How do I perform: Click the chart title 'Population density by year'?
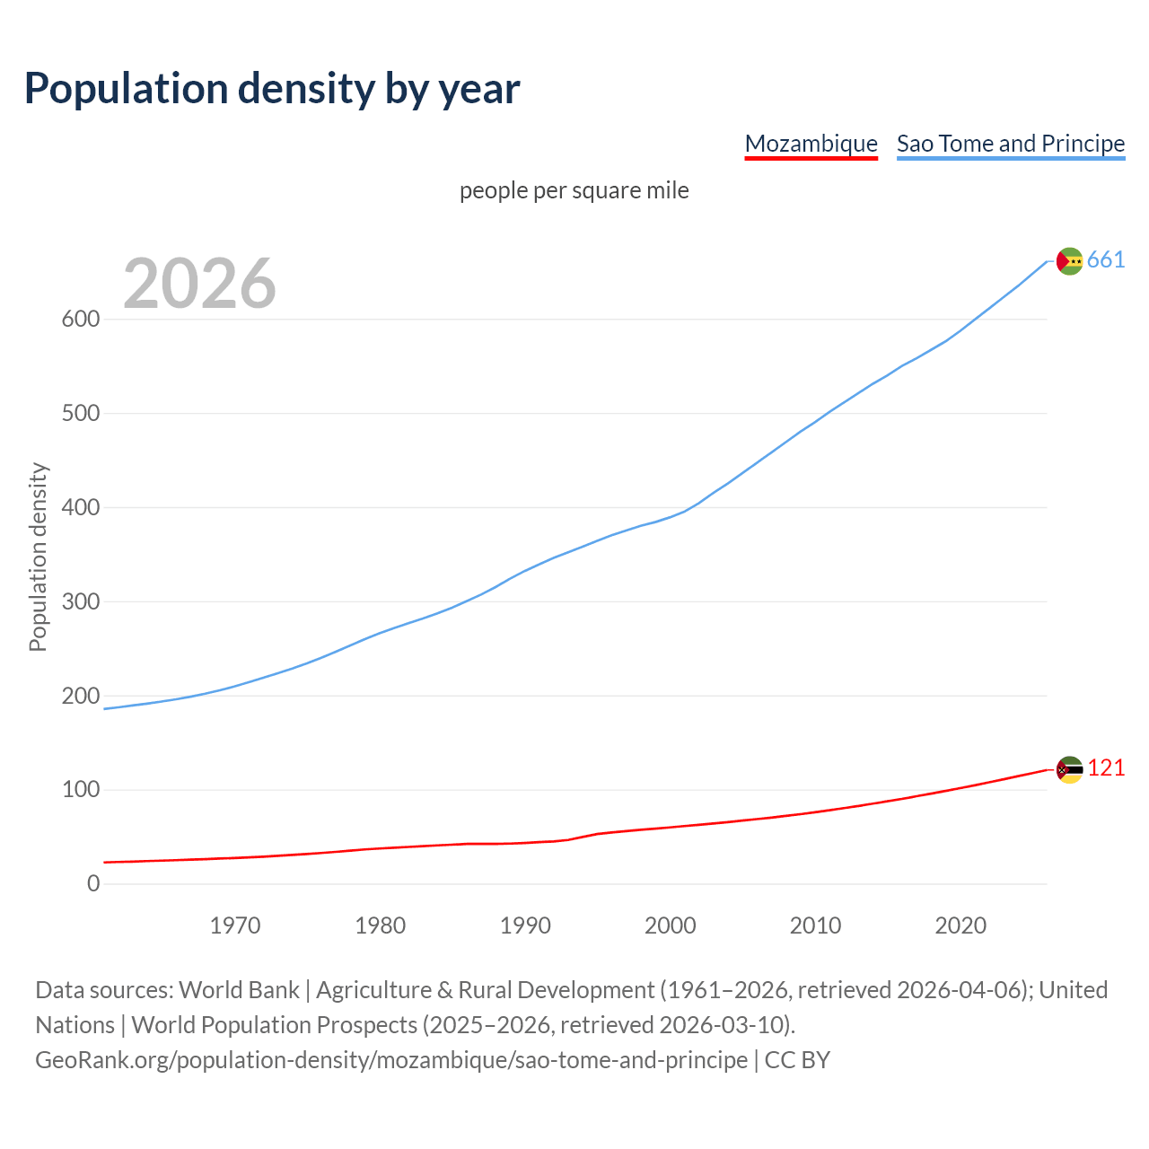pos(272,88)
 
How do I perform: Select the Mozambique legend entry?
pos(811,144)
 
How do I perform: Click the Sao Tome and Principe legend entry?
pos(1011,144)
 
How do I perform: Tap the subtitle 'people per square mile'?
pos(574,190)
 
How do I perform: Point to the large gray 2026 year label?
pos(199,284)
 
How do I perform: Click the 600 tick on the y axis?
pos(80,319)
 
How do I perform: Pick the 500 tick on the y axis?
pos(80,413)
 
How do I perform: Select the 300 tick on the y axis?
pos(80,601)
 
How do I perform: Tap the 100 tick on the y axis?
pos(80,790)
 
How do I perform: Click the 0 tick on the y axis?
pos(93,883)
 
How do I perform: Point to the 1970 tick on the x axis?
pos(235,925)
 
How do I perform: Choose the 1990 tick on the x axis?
pos(525,925)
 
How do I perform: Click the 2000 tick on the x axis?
pos(671,925)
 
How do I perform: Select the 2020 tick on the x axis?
pos(960,925)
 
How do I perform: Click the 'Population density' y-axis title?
pos(38,557)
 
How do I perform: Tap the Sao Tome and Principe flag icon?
pos(1069,261)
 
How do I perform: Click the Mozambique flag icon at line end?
pos(1069,769)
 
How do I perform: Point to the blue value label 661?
pos(1106,260)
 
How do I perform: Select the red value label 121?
pos(1106,768)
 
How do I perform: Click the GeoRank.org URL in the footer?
pos(391,1060)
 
